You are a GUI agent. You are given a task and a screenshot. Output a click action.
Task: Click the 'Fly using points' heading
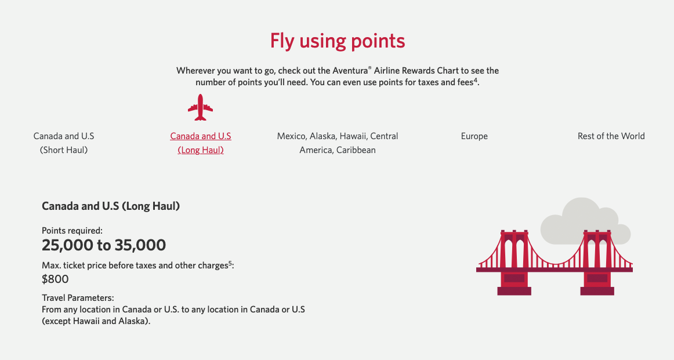(x=337, y=41)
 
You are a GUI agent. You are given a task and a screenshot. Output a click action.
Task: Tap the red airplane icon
(x=201, y=107)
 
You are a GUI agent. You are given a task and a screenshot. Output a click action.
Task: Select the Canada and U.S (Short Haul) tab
(x=64, y=143)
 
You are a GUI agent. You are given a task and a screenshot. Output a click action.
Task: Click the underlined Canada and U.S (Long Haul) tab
(x=201, y=143)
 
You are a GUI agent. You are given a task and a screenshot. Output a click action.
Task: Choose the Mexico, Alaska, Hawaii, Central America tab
(x=338, y=143)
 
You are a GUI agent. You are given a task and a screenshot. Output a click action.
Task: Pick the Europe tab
(x=474, y=136)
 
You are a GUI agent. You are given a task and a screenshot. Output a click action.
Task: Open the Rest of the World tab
(x=611, y=136)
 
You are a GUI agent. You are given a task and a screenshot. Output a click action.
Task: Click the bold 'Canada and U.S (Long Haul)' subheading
(x=111, y=206)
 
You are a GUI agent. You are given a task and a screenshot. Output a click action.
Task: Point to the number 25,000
(x=67, y=245)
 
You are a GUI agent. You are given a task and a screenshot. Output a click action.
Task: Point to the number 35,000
(x=139, y=245)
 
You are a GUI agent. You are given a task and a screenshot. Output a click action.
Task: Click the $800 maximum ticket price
(x=55, y=279)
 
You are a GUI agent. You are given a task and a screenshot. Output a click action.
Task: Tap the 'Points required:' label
(x=72, y=230)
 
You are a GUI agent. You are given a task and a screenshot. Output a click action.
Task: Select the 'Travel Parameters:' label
(x=78, y=297)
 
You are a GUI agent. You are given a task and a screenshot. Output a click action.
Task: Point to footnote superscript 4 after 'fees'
(x=475, y=80)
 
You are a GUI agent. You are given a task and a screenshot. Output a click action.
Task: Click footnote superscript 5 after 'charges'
(x=230, y=263)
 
